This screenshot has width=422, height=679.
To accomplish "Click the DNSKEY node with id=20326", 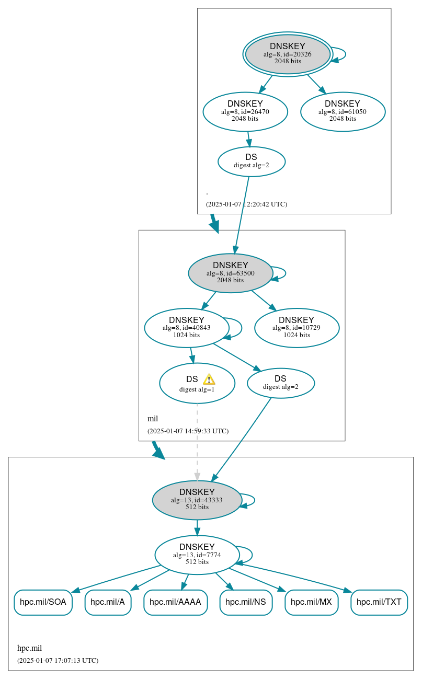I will tap(288, 54).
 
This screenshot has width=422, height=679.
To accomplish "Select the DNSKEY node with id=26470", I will tap(245, 111).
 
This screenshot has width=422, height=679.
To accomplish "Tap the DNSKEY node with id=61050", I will tap(343, 111).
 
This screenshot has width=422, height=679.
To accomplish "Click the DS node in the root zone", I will tap(251, 161).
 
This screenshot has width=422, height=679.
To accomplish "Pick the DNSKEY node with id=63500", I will tap(230, 273).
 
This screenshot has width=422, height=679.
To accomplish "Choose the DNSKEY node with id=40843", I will tap(186, 328).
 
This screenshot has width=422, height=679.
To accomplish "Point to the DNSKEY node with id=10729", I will tap(296, 328).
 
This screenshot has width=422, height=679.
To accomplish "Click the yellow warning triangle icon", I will tap(209, 379).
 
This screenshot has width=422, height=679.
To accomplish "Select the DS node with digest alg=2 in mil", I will tap(280, 383).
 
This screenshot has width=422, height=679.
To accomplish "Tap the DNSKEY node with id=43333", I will tap(197, 500).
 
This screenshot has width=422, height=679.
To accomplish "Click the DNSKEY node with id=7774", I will tap(197, 555).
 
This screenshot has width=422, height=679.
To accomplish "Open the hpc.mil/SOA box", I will tap(43, 602).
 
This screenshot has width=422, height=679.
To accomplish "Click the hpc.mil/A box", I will tap(108, 602).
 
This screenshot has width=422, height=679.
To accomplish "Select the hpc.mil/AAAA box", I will tap(175, 602).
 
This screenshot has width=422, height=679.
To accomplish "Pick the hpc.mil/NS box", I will tap(245, 602).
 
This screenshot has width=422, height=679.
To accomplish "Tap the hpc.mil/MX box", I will tap(311, 602).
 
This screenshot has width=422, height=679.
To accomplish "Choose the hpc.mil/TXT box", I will tap(379, 602).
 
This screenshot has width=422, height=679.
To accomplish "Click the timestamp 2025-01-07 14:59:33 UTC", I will tap(188, 431).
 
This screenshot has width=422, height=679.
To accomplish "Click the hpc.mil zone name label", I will tap(29, 648).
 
